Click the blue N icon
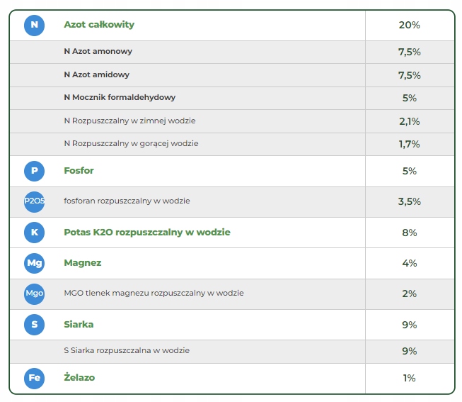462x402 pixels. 34,25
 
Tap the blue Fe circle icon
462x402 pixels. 34,378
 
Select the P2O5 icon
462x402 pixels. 34,201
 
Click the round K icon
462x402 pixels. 34,233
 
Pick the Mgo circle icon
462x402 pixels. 34,294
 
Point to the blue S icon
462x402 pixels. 34,325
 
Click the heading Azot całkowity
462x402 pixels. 98,25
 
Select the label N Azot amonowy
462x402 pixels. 98,52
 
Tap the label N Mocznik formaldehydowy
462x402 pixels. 120,98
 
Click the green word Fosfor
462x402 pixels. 79,171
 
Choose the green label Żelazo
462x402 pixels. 79,378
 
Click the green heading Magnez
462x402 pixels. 82,263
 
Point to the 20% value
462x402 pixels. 409,25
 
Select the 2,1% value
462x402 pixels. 409,121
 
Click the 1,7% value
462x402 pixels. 409,144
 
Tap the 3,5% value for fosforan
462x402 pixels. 409,201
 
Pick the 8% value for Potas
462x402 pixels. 409,233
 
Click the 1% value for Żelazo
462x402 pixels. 409,378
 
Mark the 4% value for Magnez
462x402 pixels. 409,263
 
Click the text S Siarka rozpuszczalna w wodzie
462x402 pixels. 127,350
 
